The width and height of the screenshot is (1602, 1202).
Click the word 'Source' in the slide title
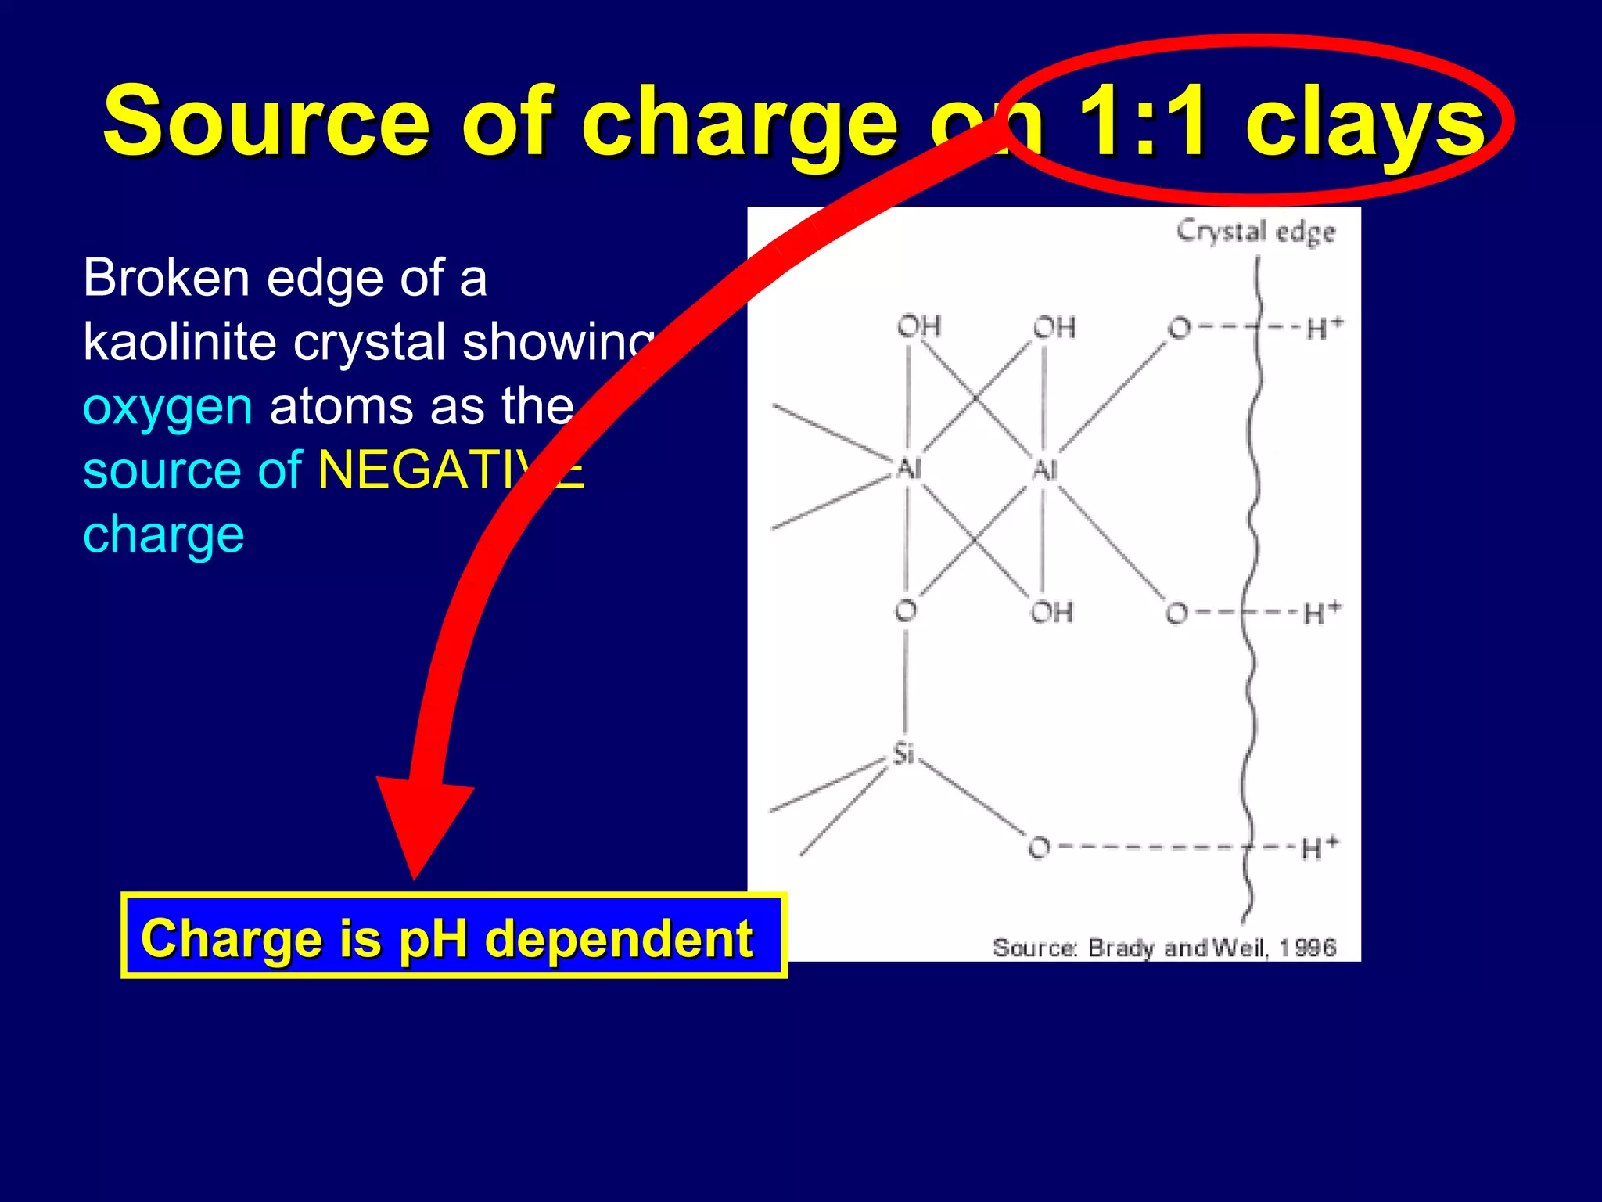[x=266, y=121]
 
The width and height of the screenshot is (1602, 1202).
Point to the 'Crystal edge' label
[x=1255, y=232]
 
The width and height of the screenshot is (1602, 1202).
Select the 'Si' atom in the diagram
[x=903, y=754]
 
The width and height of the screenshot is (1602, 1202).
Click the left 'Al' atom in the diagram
[x=908, y=469]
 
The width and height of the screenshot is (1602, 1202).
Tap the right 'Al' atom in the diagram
[x=1044, y=470]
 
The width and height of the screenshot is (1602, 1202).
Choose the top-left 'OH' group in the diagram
[x=918, y=326]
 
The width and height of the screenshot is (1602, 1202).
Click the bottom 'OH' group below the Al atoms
[x=1051, y=612]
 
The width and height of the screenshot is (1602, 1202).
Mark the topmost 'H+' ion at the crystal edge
[x=1324, y=328]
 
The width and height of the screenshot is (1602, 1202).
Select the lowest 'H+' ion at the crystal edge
[x=1320, y=848]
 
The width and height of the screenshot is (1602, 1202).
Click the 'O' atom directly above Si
[x=906, y=610]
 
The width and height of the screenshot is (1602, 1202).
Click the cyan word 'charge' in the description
[x=163, y=535]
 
